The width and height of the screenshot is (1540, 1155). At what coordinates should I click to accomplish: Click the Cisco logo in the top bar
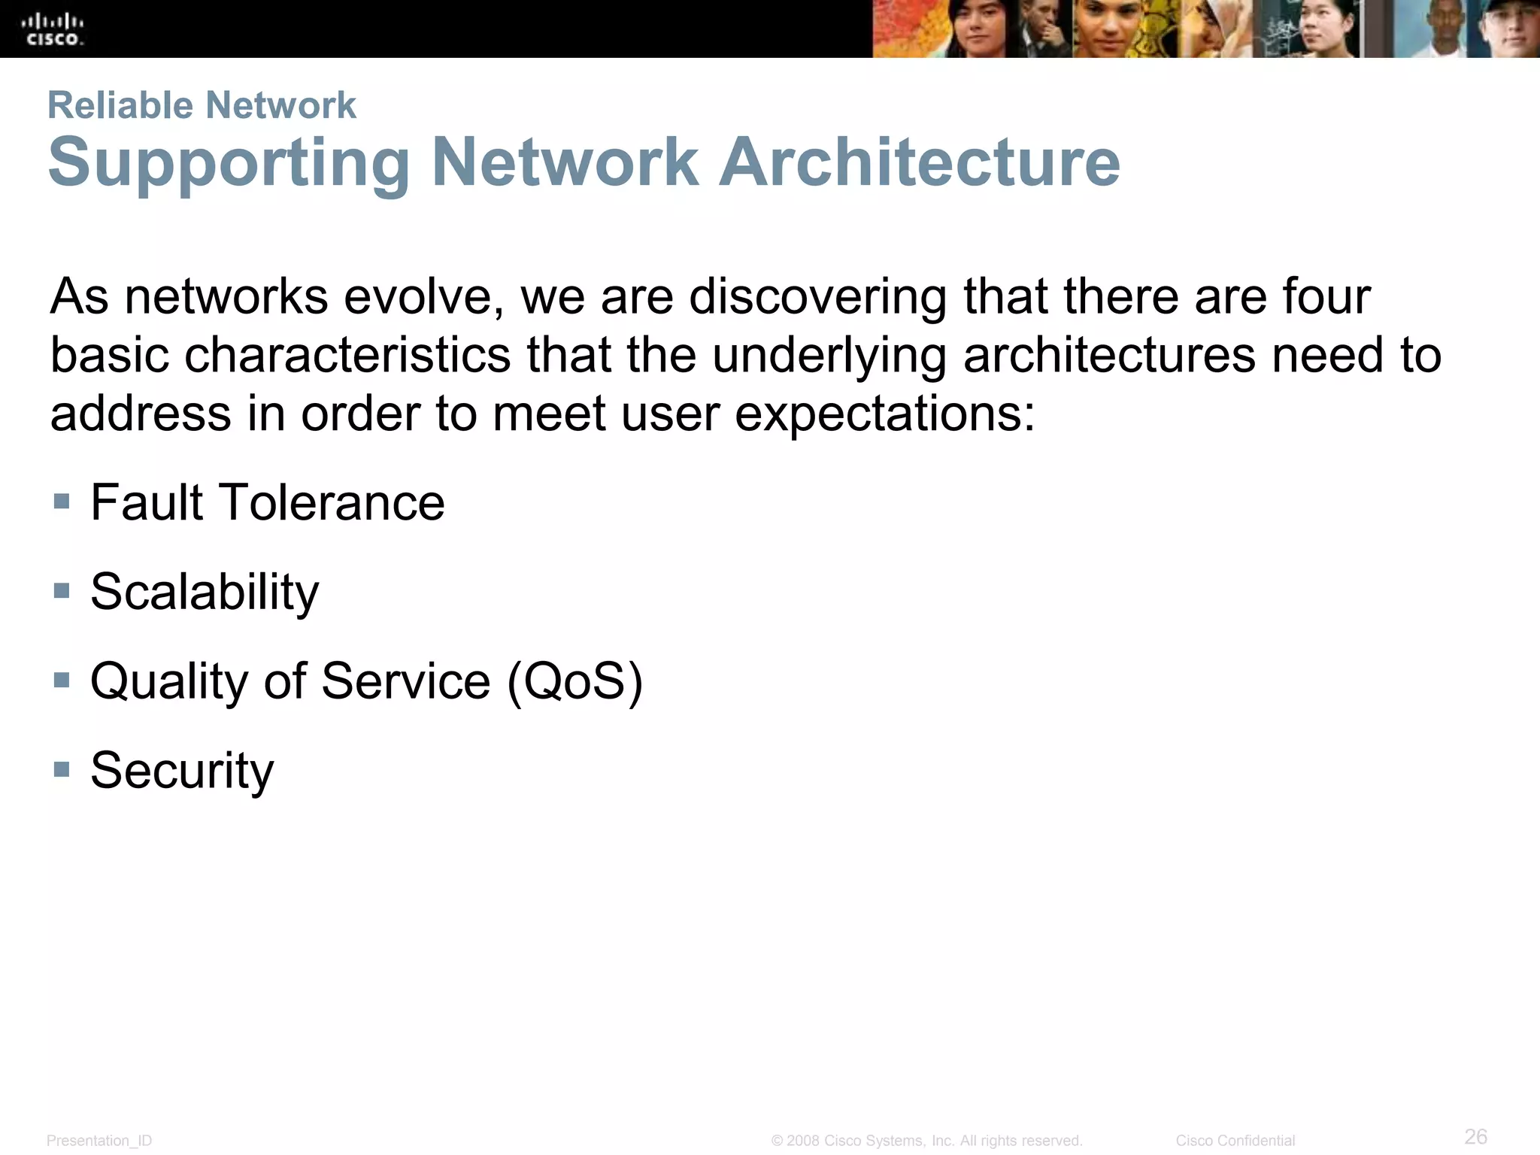point(53,30)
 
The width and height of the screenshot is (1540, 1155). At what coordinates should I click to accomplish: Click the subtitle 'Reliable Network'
point(202,105)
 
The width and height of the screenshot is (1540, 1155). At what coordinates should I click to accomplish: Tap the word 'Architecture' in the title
point(919,162)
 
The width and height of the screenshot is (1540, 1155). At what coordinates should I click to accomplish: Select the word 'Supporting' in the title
point(229,164)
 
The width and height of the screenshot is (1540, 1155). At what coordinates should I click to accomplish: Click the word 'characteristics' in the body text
point(347,355)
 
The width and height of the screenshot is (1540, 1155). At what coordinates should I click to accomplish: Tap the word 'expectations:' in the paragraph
point(885,414)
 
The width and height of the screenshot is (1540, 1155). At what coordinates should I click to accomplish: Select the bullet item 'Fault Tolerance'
point(267,502)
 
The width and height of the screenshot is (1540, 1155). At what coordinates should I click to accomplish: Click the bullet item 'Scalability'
point(205,592)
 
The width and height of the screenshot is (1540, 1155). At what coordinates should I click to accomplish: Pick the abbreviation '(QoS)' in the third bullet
point(575,681)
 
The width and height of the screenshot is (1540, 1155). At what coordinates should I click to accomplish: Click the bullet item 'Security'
point(182,770)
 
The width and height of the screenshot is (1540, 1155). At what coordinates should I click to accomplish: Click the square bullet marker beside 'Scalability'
point(62,590)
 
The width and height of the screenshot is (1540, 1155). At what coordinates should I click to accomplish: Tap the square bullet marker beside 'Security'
point(62,768)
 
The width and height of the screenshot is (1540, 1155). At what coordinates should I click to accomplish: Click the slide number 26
point(1475,1136)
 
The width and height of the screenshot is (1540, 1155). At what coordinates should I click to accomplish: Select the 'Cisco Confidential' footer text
point(1235,1141)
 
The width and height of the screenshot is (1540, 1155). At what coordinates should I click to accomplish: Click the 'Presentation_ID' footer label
point(99,1141)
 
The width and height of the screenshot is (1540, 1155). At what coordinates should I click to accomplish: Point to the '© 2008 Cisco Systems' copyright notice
point(926,1141)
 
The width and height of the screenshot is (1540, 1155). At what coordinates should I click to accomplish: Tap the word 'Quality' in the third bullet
point(169,681)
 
